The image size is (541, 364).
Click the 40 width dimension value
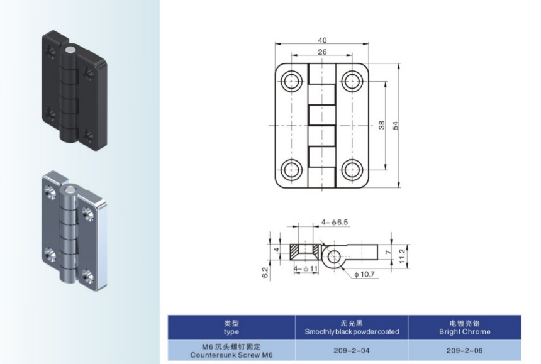[322, 40]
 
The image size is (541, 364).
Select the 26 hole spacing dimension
[322, 52]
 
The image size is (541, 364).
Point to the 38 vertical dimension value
[382, 125]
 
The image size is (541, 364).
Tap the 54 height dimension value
[396, 125]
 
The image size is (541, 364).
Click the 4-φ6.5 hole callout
[335, 223]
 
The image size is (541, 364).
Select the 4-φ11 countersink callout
[306, 269]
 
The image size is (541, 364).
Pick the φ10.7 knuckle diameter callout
[364, 274]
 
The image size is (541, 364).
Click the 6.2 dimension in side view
[265, 273]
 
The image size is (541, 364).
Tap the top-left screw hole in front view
[291, 81]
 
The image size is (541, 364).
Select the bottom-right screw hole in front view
[352, 170]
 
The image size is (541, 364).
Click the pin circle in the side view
[333, 256]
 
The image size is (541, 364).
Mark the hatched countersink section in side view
[305, 252]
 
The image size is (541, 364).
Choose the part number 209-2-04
[352, 351]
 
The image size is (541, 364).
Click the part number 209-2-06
[464, 351]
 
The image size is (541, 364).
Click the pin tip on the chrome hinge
[69, 190]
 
